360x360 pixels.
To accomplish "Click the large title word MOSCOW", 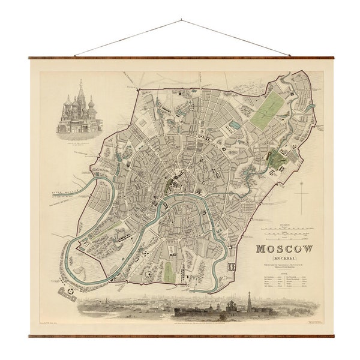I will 284,248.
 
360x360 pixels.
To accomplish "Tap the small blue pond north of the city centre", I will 233,125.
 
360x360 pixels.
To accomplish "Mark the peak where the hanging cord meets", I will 181,20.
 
